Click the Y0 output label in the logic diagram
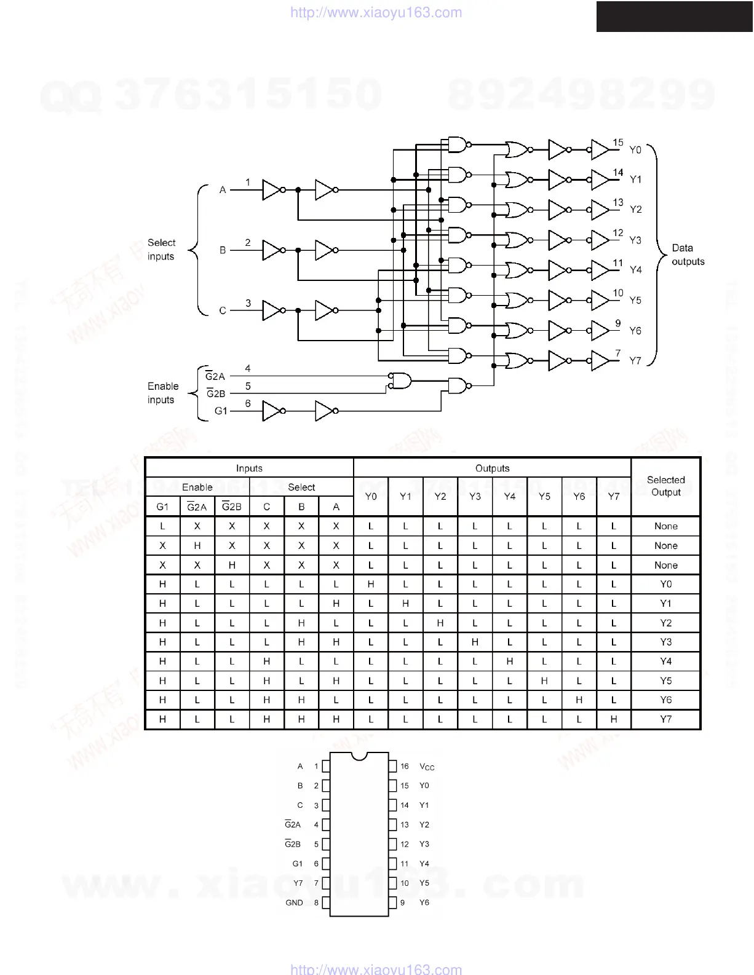tap(635, 149)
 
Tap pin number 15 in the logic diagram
tap(618, 143)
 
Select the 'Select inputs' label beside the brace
tap(161, 250)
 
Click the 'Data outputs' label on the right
tap(688, 255)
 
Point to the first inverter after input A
tap(271, 190)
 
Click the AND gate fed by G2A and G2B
tap(400, 381)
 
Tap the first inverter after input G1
tap(271, 411)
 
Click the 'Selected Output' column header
tap(665, 486)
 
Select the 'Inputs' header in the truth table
tap(249, 468)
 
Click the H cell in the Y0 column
tap(371, 584)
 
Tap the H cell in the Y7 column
tap(614, 719)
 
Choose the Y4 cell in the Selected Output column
tap(665, 661)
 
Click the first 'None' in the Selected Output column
tap(665, 526)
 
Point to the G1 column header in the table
tap(162, 507)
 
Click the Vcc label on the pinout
tap(427, 767)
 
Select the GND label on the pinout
tap(294, 902)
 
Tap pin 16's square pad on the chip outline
tap(392, 766)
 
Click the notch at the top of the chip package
tap(359, 754)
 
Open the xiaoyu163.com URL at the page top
tap(376, 12)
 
